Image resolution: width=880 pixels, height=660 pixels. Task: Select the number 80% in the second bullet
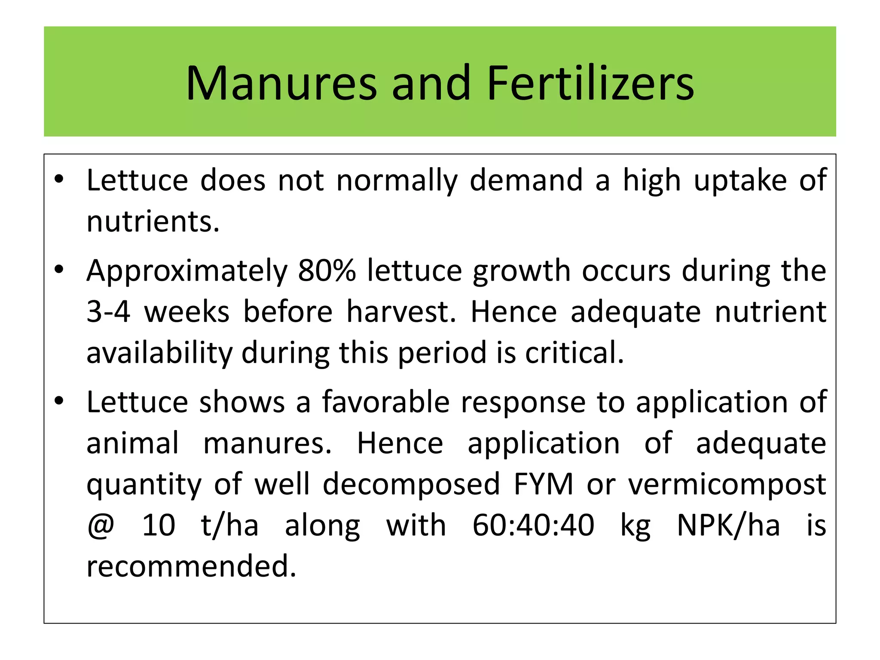pyautogui.click(x=327, y=271)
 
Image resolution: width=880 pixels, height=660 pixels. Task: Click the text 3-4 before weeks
pyautogui.click(x=108, y=312)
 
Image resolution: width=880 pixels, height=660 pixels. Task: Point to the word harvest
pyautogui.click(x=401, y=312)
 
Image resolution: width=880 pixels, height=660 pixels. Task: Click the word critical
pyautogui.click(x=574, y=353)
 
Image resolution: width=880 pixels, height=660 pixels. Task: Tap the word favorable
pyautogui.click(x=386, y=402)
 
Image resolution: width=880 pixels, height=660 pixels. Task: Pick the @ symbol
pyautogui.click(x=101, y=526)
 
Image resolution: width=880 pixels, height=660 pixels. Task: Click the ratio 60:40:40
pyautogui.click(x=533, y=526)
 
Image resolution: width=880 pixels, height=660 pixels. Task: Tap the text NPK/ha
pyautogui.click(x=728, y=526)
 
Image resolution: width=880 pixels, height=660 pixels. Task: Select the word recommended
pyautogui.click(x=191, y=566)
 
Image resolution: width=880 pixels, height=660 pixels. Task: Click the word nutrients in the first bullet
pyautogui.click(x=153, y=222)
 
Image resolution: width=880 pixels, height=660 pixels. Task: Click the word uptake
pyautogui.click(x=740, y=181)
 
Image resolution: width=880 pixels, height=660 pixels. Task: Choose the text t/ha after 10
pyautogui.click(x=229, y=526)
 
